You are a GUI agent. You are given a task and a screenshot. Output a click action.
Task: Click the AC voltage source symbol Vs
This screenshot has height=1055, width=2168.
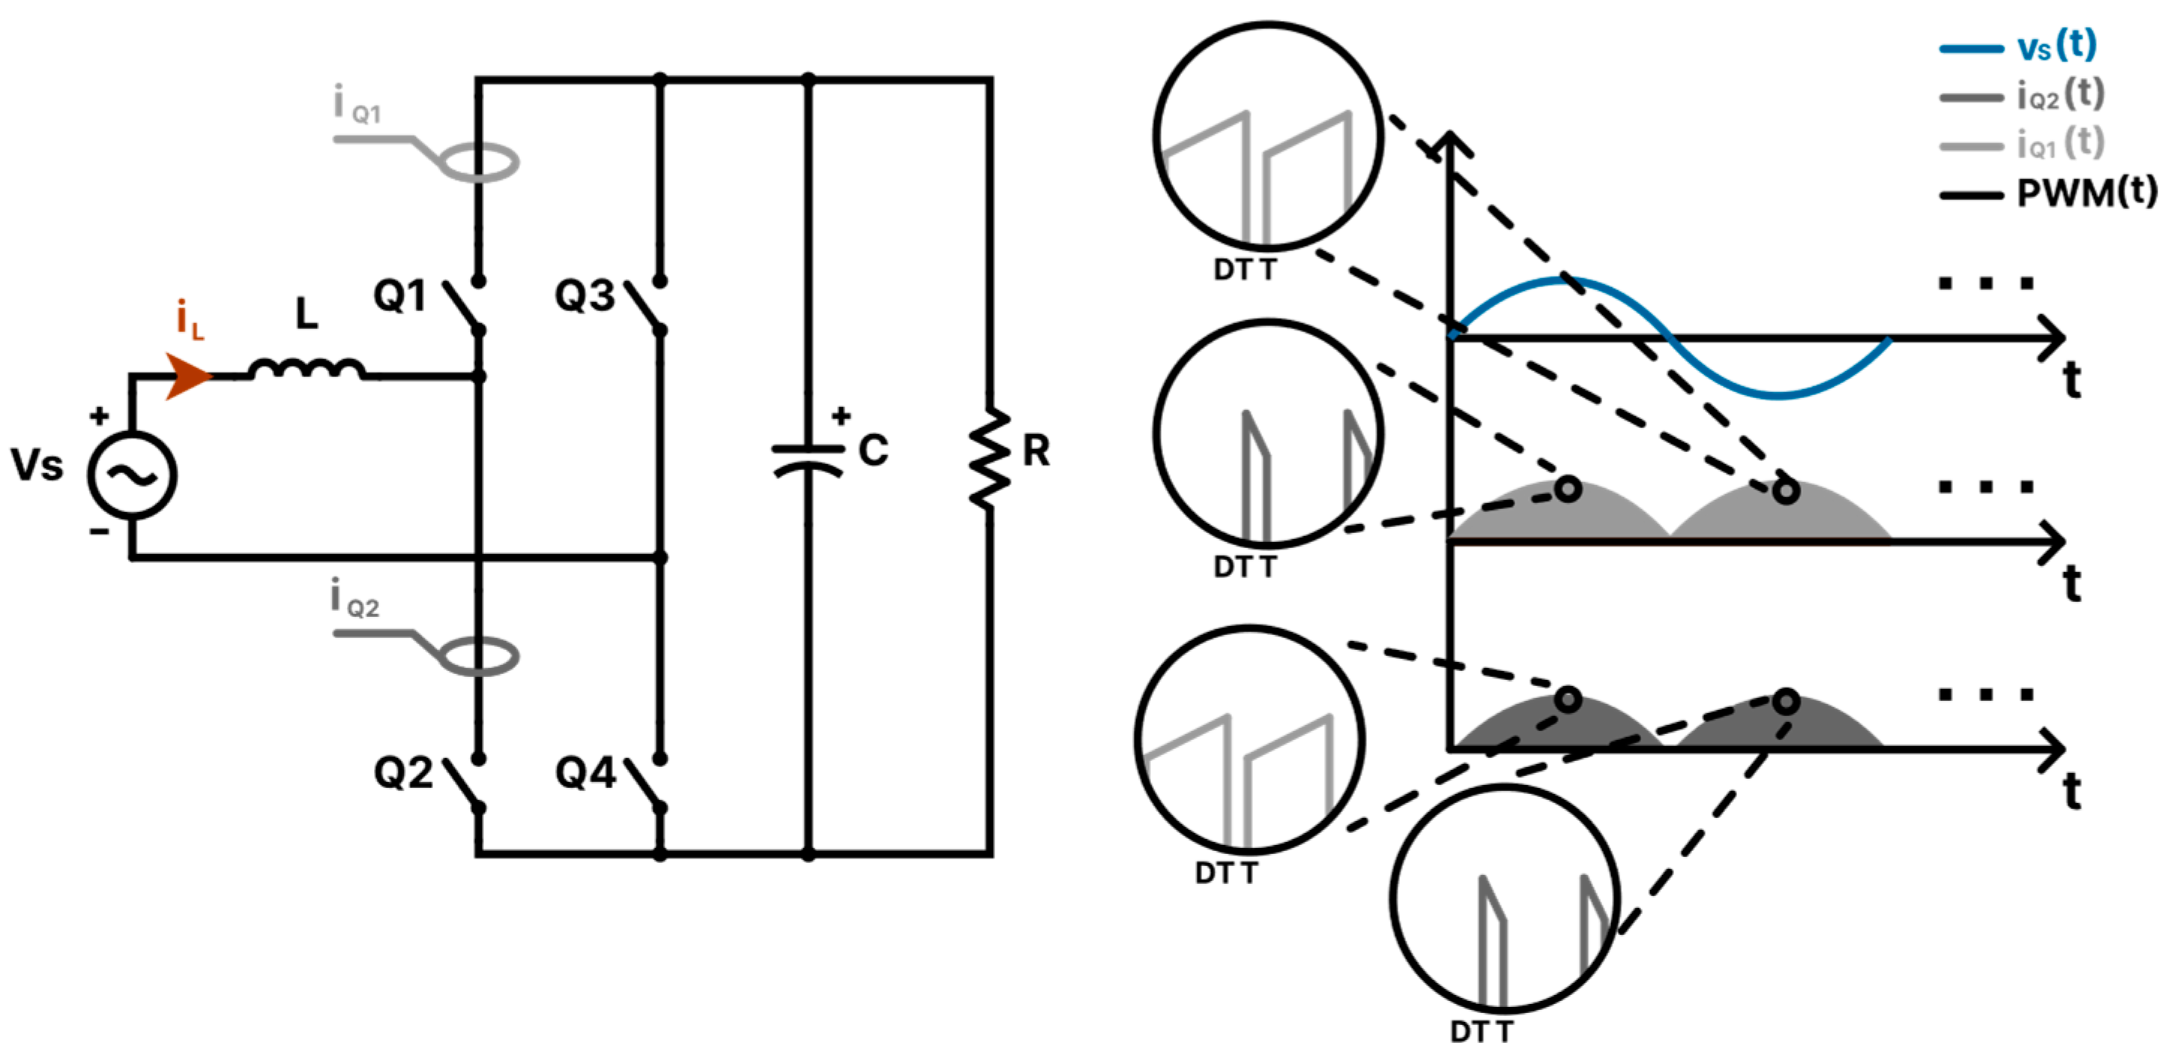(x=132, y=475)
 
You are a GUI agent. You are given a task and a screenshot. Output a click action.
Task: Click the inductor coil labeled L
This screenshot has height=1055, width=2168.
(x=307, y=368)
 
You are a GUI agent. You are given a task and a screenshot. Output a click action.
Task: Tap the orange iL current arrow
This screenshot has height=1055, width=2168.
(x=187, y=376)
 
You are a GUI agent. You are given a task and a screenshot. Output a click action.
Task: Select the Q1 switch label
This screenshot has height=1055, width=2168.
(x=399, y=296)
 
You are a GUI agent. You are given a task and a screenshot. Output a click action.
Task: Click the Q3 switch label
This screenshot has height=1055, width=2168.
(x=584, y=296)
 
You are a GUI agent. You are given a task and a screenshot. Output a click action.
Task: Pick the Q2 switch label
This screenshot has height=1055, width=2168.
(x=403, y=773)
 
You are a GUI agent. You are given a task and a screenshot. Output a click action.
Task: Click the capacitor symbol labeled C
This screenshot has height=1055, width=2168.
(x=807, y=460)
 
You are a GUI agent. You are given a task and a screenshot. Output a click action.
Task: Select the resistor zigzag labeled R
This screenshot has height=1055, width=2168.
(x=990, y=459)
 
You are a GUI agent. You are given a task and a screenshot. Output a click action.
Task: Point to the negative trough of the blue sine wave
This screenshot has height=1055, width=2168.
(x=1778, y=395)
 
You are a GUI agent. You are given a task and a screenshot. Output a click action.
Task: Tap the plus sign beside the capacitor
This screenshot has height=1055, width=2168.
(x=841, y=415)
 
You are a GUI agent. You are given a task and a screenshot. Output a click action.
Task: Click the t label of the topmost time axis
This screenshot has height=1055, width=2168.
(x=2072, y=381)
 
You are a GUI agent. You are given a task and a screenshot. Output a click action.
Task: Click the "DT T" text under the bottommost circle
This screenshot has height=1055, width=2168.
(x=1480, y=1032)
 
